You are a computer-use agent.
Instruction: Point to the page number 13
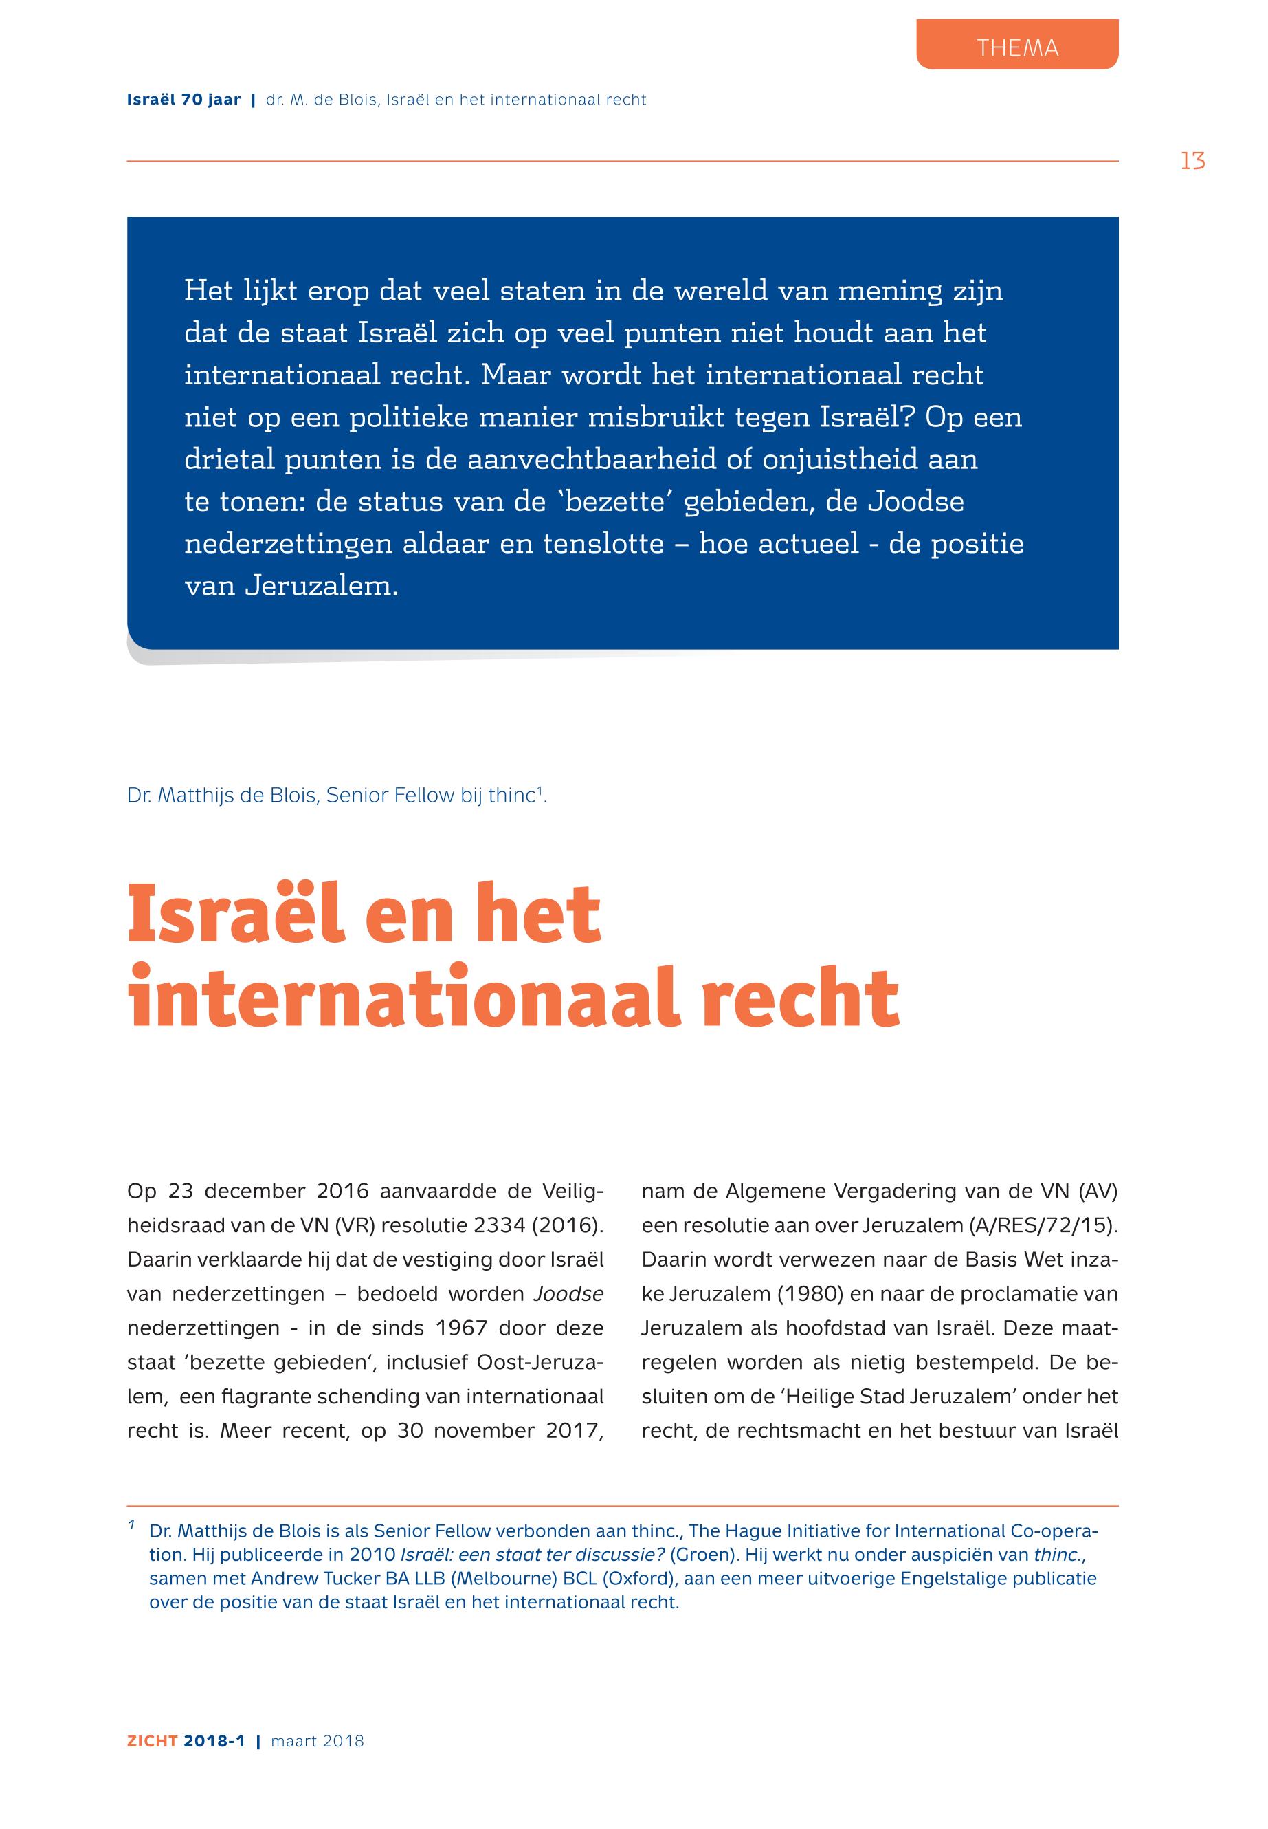coord(1192,162)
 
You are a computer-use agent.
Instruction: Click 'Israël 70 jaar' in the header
coord(183,100)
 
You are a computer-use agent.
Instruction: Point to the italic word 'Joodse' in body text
coord(568,1293)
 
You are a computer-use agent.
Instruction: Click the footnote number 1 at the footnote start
coord(131,1525)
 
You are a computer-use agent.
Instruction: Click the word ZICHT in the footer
coord(152,1741)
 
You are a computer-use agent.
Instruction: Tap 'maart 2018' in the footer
coord(317,1741)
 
